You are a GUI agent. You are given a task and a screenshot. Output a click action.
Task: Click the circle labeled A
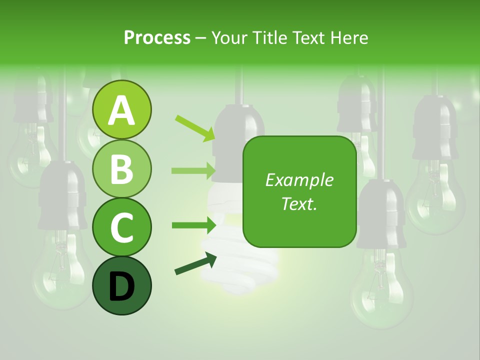pos(122,109)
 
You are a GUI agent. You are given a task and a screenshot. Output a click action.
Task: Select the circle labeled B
pos(122,168)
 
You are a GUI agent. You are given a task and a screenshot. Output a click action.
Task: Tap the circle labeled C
pos(122,227)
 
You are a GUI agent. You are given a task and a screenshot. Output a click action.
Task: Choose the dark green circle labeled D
pos(122,285)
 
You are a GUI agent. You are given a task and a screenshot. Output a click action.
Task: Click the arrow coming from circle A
pos(195,127)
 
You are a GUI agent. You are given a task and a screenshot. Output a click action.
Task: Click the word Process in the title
pos(157,37)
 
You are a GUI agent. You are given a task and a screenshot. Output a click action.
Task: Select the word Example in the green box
pos(299,180)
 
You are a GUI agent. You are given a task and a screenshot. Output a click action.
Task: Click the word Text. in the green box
pos(299,203)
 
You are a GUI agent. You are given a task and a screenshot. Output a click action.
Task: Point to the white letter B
pos(122,168)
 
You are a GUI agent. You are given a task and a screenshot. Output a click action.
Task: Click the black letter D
pos(122,286)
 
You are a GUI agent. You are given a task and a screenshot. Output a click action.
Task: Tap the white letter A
pos(122,110)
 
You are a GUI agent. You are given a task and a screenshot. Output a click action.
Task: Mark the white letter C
pos(122,227)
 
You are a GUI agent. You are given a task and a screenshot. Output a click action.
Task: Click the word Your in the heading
pos(229,37)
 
